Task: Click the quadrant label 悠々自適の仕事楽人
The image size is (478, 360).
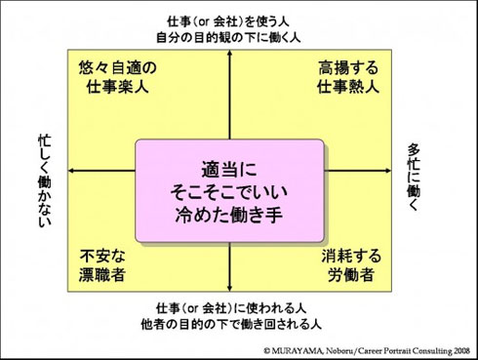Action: point(117,77)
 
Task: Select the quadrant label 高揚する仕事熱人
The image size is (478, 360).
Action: point(348,77)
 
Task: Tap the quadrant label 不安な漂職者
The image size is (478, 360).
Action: point(102,265)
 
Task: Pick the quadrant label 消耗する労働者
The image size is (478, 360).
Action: point(351,265)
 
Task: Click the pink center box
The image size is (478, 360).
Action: point(229,191)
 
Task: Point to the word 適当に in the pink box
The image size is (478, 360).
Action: point(229,170)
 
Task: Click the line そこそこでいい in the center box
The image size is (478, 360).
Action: point(229,191)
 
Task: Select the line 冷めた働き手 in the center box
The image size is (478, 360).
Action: point(229,215)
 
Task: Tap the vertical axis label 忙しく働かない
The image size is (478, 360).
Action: point(45,180)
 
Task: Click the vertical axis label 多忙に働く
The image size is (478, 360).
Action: point(414,178)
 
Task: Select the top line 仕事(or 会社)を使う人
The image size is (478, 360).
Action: point(228,21)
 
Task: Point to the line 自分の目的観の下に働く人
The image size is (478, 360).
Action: point(228,37)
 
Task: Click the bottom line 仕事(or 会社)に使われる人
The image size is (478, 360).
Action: point(231,308)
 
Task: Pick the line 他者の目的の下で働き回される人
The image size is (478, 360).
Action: point(231,324)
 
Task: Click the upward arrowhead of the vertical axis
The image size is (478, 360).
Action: point(229,53)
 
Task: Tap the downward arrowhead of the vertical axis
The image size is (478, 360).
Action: point(229,288)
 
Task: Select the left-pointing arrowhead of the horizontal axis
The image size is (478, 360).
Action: point(71,171)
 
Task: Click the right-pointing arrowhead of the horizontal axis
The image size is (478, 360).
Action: point(387,171)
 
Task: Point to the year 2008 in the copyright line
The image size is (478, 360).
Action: point(461,351)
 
